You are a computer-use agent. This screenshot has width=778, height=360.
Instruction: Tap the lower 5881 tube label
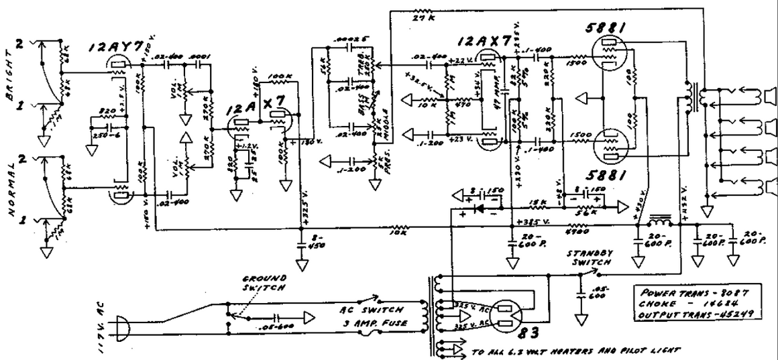tap(607, 176)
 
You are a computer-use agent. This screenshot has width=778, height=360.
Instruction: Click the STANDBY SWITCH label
tap(588, 259)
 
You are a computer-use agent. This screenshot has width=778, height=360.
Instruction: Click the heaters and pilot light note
tap(576, 349)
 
